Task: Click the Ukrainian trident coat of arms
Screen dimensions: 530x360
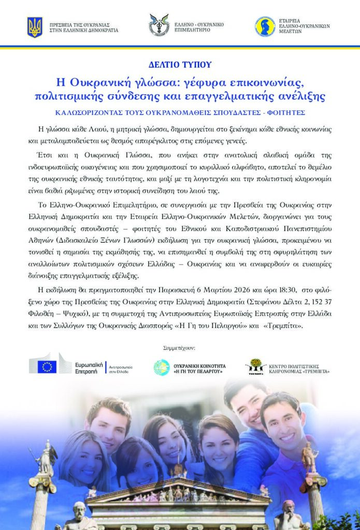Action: point(35,27)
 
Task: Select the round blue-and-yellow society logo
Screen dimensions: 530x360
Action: point(265,26)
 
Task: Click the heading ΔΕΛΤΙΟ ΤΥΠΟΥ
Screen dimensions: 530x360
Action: point(180,65)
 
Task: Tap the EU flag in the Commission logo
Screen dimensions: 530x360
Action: point(47,366)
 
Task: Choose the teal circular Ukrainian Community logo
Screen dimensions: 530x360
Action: point(162,367)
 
